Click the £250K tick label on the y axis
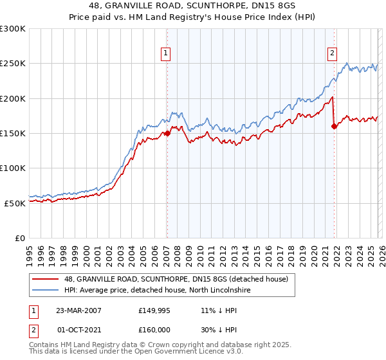(13, 64)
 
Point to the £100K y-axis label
(13, 168)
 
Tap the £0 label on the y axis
(21, 238)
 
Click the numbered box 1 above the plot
(166, 53)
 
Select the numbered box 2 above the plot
(332, 53)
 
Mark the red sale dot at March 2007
(167, 134)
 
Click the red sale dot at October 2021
(334, 127)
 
